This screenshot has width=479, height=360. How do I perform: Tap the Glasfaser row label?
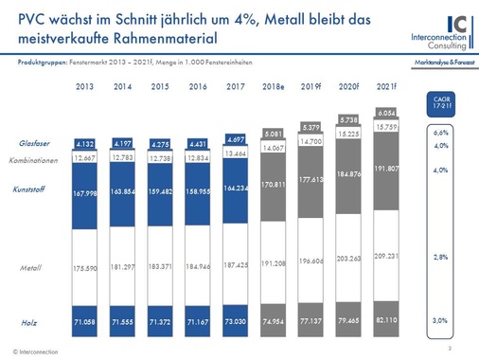click(34, 143)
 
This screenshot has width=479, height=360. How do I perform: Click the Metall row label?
click(33, 269)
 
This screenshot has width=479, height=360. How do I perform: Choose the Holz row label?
click(34, 323)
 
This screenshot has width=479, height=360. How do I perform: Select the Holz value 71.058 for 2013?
click(84, 323)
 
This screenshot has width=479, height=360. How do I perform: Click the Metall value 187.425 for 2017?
click(236, 266)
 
